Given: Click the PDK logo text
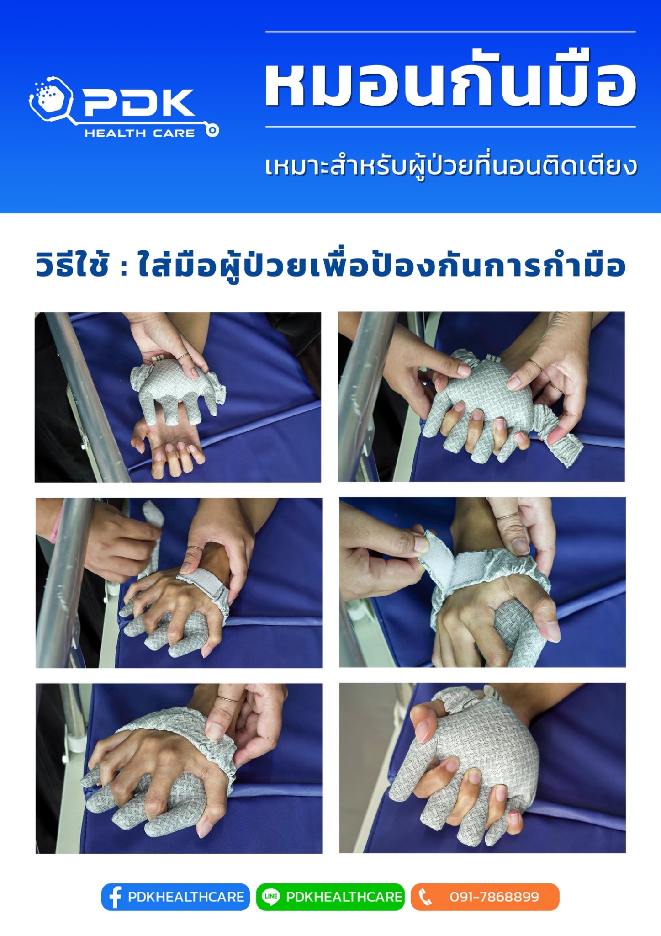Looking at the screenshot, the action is [x=139, y=102].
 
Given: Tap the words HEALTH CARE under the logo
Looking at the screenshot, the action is [x=140, y=133].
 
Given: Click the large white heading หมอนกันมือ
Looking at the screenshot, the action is [x=450, y=80].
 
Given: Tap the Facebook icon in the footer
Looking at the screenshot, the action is [x=115, y=897].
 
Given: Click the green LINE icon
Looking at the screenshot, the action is [x=271, y=897].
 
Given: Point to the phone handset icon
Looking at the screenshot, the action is [x=425, y=897].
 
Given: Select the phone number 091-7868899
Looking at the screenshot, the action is [x=494, y=897].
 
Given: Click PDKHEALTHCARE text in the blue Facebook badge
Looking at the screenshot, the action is [x=186, y=897].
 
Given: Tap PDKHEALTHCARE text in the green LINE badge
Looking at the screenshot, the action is [x=344, y=897].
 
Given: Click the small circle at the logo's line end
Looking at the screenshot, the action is [x=212, y=131].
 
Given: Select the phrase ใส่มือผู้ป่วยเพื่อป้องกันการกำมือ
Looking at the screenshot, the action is [x=381, y=265].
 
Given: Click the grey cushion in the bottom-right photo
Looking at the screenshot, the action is [x=471, y=768].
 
